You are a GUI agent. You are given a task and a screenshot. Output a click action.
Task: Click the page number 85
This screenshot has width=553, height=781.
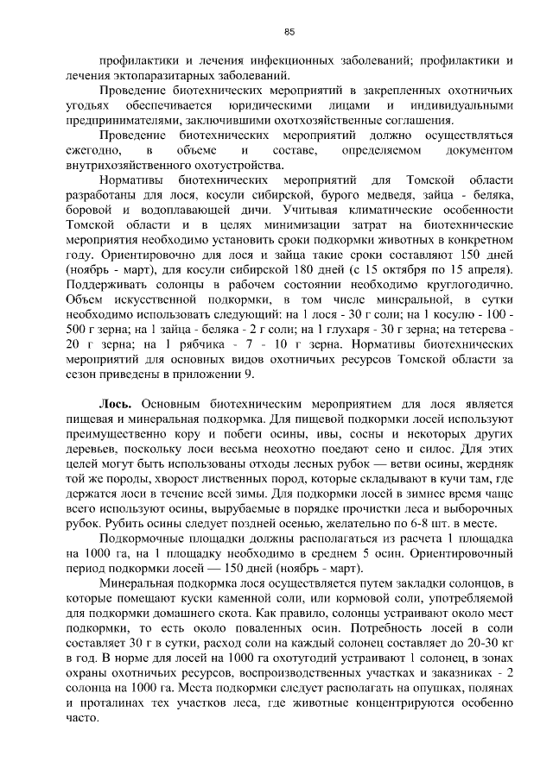pyautogui.click(x=289, y=32)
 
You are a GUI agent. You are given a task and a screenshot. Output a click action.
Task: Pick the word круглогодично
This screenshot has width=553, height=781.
pyautogui.click(x=468, y=284)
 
